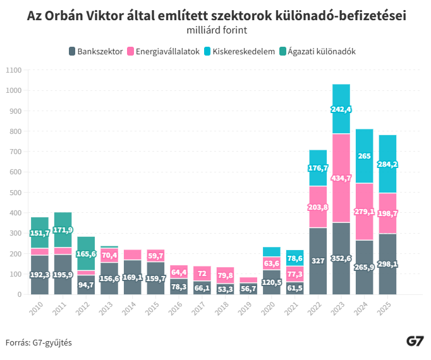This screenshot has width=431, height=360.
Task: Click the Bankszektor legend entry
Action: pyautogui.click(x=95, y=51)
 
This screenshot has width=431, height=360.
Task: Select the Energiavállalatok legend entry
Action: pyautogui.click(x=163, y=51)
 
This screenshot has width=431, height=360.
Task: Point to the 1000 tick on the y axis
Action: pyautogui.click(x=13, y=91)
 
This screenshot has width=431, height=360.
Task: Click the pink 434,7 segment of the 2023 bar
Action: pyautogui.click(x=341, y=178)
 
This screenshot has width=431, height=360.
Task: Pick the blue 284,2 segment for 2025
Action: pyautogui.click(x=387, y=164)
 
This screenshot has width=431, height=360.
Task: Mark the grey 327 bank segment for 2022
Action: pyautogui.click(x=318, y=261)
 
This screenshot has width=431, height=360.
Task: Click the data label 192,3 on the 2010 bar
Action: pyautogui.click(x=40, y=275)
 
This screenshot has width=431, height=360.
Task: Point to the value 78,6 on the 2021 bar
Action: pyautogui.click(x=294, y=258)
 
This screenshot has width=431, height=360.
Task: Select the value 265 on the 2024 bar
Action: pyautogui.click(x=365, y=156)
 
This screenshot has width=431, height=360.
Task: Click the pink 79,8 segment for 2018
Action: pyautogui.click(x=226, y=275)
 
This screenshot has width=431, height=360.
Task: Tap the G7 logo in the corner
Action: pyautogui.click(x=415, y=342)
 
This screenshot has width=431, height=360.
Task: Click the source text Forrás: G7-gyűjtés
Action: pyautogui.click(x=39, y=343)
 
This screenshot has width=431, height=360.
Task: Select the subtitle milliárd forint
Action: pyautogui.click(x=217, y=30)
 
